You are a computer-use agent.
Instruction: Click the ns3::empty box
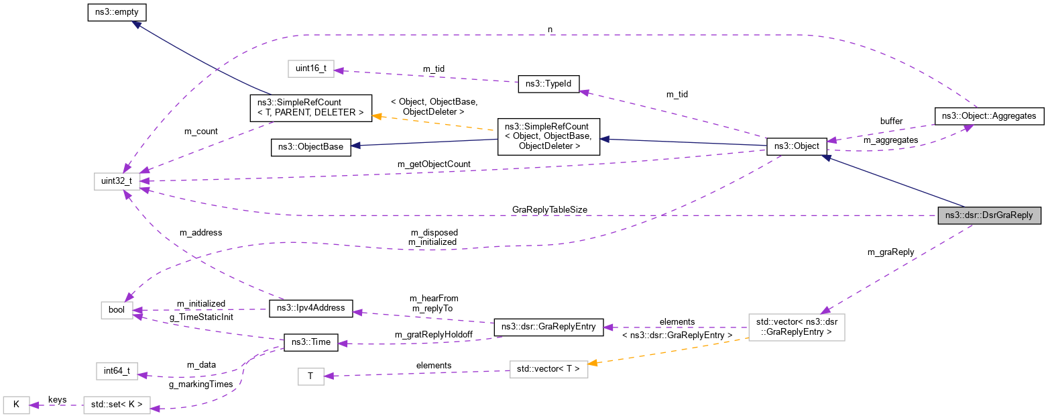117,12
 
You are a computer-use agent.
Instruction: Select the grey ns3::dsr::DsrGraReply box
990,215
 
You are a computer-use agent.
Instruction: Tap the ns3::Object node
796,146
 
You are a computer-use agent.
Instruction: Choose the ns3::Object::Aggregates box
989,115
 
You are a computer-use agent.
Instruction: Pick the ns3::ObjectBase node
311,148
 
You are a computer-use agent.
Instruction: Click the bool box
117,310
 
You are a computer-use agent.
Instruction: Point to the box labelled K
17,405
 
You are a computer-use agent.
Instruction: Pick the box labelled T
310,376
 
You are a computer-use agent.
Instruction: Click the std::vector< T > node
548,368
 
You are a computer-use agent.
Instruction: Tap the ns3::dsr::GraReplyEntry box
548,327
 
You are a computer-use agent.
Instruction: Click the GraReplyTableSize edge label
549,209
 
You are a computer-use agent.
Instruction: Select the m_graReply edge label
890,252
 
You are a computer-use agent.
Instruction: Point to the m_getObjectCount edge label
434,164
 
